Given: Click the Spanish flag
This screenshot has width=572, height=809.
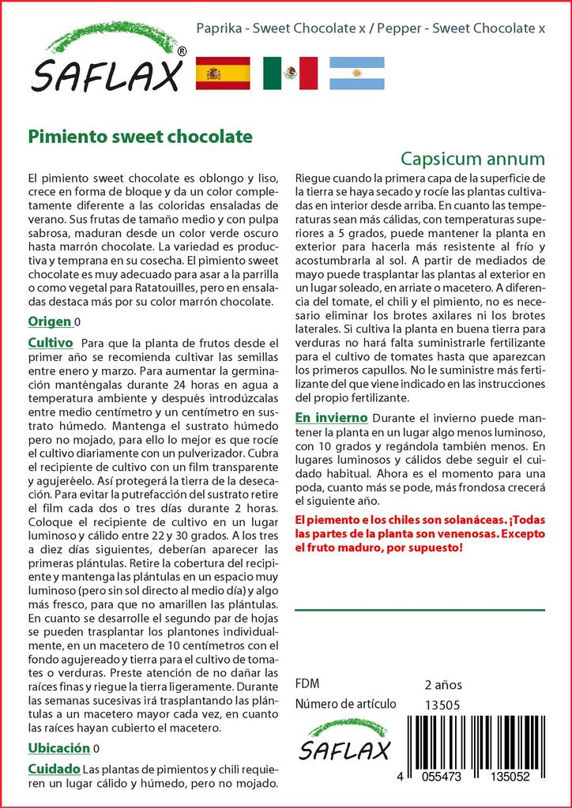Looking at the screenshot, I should (x=222, y=73).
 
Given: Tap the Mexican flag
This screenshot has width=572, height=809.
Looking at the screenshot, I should (x=290, y=73).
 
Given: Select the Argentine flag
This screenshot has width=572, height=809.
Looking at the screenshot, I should (x=357, y=73).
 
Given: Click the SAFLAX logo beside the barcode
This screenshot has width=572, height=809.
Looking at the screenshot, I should (x=345, y=741).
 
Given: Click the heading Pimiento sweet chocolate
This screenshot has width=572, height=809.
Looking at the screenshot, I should (x=141, y=136).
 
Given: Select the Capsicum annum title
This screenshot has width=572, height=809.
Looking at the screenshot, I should (x=472, y=156).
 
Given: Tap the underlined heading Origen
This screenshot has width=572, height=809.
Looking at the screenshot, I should (x=50, y=322).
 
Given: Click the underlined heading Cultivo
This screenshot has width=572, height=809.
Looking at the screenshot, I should (x=51, y=343).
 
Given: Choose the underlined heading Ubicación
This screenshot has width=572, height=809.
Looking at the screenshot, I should (x=58, y=748).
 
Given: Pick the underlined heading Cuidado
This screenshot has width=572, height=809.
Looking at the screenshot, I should (x=54, y=769).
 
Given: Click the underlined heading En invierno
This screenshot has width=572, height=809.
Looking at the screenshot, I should (x=331, y=417).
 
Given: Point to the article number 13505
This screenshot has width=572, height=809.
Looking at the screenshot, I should (x=442, y=705).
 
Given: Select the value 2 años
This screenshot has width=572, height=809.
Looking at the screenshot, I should (x=443, y=684).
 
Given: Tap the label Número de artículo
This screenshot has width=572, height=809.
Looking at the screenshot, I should (x=345, y=705).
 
